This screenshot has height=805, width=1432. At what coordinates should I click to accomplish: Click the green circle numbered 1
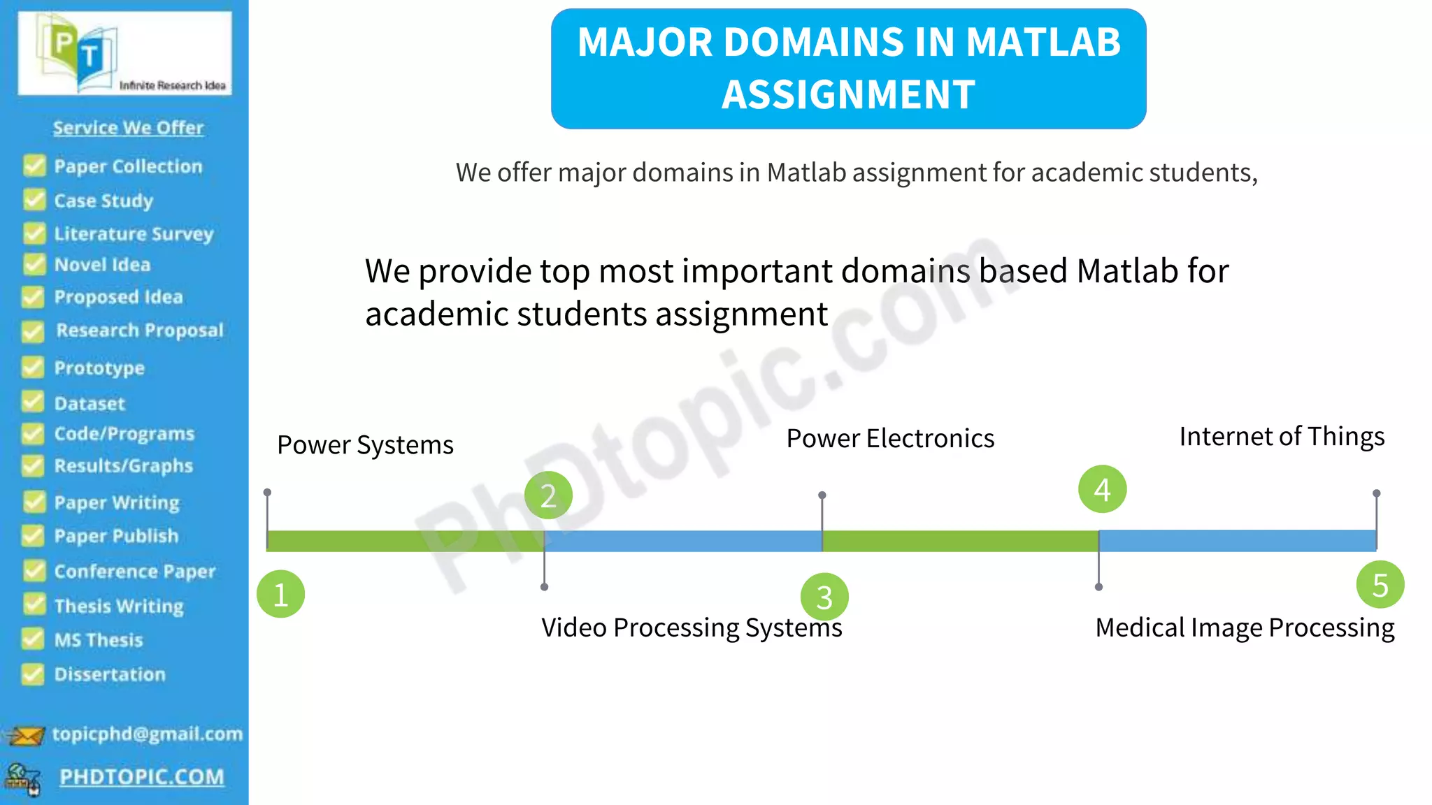pyautogui.click(x=280, y=594)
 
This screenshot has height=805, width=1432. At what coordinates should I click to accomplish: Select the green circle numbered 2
pyautogui.click(x=548, y=495)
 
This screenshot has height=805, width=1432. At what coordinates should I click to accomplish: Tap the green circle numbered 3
pyautogui.click(x=824, y=597)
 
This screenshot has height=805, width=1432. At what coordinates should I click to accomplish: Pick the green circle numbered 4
pyautogui.click(x=1102, y=489)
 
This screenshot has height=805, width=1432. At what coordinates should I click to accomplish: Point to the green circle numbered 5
pyautogui.click(x=1380, y=585)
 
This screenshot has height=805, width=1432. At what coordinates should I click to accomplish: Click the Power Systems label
pyautogui.click(x=365, y=445)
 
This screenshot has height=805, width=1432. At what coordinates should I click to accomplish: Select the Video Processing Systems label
pyautogui.click(x=692, y=628)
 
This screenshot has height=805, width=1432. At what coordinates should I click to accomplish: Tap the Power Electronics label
pyautogui.click(x=890, y=439)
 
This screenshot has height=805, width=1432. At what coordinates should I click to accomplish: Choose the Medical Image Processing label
pyautogui.click(x=1245, y=628)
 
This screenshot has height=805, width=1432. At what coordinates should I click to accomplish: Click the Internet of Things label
pyautogui.click(x=1282, y=437)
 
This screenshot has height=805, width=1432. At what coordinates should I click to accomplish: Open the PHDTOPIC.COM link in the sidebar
pyautogui.click(x=142, y=777)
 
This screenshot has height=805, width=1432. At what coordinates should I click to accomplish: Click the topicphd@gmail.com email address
pyautogui.click(x=148, y=734)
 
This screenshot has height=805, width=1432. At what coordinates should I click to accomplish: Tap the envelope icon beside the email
pyautogui.click(x=25, y=736)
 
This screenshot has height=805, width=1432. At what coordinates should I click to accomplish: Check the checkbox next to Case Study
pyautogui.click(x=34, y=200)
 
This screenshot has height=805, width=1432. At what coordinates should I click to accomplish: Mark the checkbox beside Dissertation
pyautogui.click(x=32, y=674)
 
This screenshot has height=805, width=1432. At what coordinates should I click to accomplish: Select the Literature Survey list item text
pyautogui.click(x=134, y=233)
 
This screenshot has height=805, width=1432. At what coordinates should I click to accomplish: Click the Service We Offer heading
pyautogui.click(x=128, y=128)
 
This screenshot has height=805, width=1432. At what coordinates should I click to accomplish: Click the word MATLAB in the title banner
pyautogui.click(x=1043, y=42)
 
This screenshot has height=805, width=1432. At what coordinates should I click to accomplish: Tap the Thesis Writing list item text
pyautogui.click(x=119, y=606)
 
